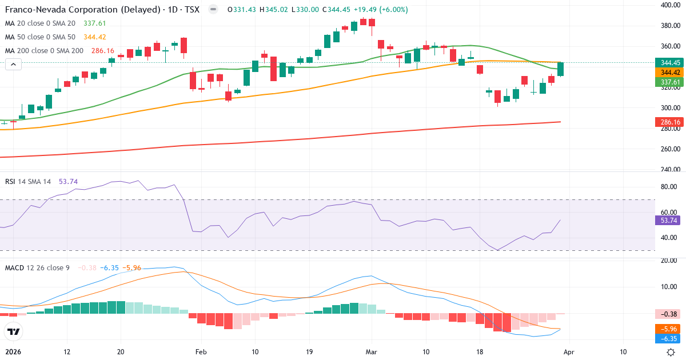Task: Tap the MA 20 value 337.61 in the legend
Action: coord(94,23)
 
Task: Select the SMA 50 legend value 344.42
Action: coord(94,37)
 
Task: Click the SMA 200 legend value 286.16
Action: coord(102,50)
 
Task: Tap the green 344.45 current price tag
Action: coord(669,63)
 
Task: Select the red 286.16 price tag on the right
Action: coord(669,122)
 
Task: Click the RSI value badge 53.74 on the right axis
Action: coord(669,220)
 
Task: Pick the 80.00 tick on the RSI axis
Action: coord(669,187)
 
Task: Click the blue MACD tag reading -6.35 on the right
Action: coord(669,338)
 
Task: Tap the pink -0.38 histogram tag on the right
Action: coord(669,313)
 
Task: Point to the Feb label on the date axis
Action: coord(200,352)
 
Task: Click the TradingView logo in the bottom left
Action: coord(14,331)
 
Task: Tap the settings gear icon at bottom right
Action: coord(672,352)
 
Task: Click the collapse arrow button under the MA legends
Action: coord(13,65)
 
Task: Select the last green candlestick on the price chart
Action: coord(561,69)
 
